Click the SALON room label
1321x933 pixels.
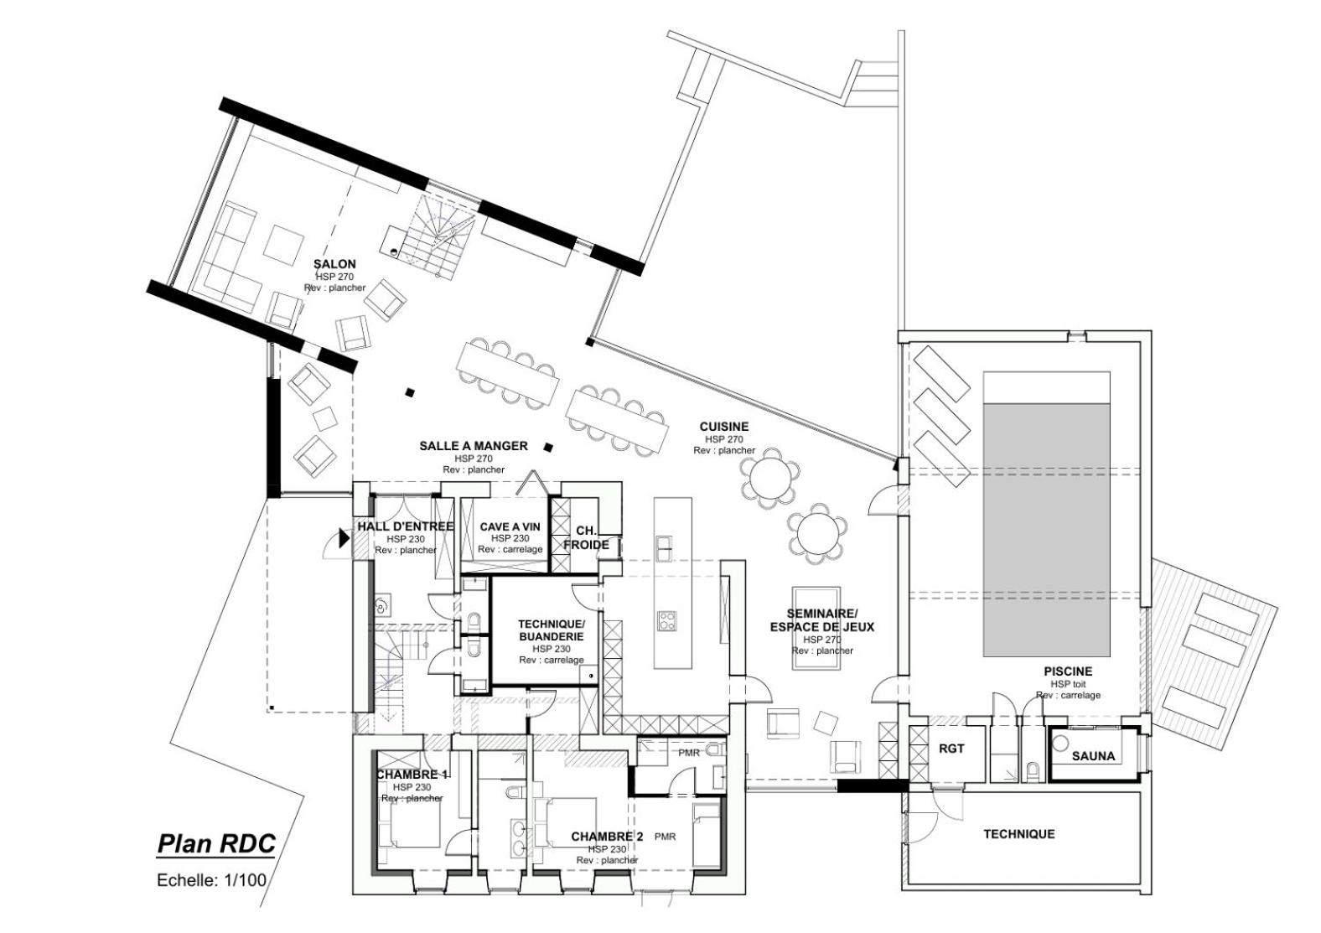click(x=334, y=263)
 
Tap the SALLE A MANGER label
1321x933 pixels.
click(x=474, y=446)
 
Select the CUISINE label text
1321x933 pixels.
click(x=724, y=427)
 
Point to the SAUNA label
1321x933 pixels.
click(x=1093, y=756)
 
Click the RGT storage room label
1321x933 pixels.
click(x=951, y=749)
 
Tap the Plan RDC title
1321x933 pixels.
click(x=216, y=844)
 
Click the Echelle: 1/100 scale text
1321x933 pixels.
click(x=212, y=880)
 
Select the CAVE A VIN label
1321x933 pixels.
click(x=510, y=526)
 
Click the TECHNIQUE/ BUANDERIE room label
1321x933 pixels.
click(x=552, y=630)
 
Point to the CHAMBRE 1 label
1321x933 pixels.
click(x=412, y=775)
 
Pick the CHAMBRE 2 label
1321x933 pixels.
click(x=607, y=837)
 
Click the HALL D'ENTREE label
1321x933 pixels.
click(x=406, y=526)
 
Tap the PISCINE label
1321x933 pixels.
click(x=1068, y=671)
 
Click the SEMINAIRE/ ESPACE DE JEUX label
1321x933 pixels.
click(x=822, y=620)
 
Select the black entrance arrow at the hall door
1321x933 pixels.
click(x=343, y=538)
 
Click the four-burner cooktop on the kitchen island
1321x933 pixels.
click(x=667, y=619)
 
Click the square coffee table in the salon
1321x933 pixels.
click(x=283, y=244)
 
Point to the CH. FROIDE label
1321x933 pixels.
click(x=586, y=538)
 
